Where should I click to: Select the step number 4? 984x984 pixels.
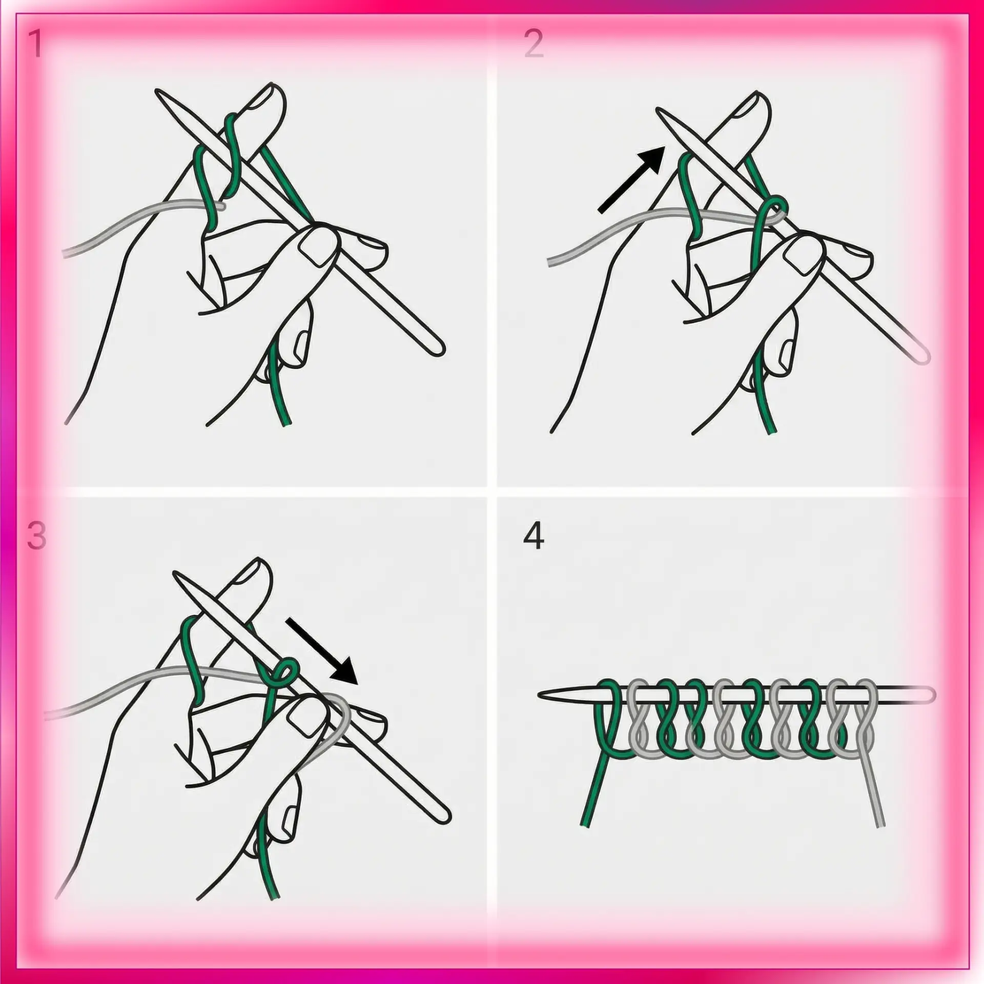click(534, 537)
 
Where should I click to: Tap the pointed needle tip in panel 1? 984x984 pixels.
click(157, 92)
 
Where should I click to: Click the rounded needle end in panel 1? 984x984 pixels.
click(439, 350)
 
